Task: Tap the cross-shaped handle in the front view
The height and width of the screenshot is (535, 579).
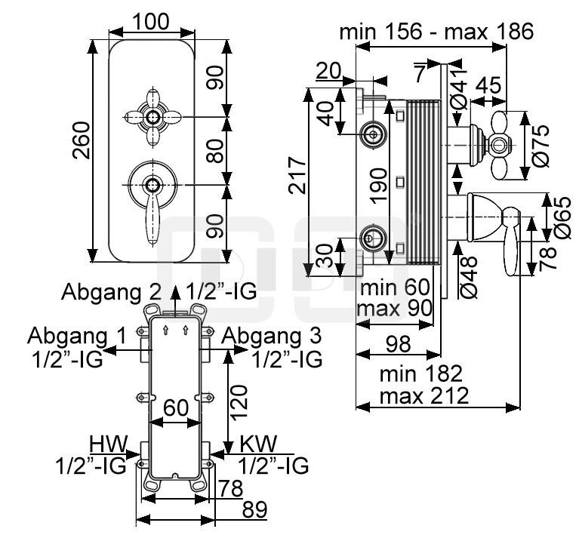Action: (153, 117)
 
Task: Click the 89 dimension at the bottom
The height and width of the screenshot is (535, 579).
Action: (254, 510)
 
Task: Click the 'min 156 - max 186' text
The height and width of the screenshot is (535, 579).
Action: (436, 32)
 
